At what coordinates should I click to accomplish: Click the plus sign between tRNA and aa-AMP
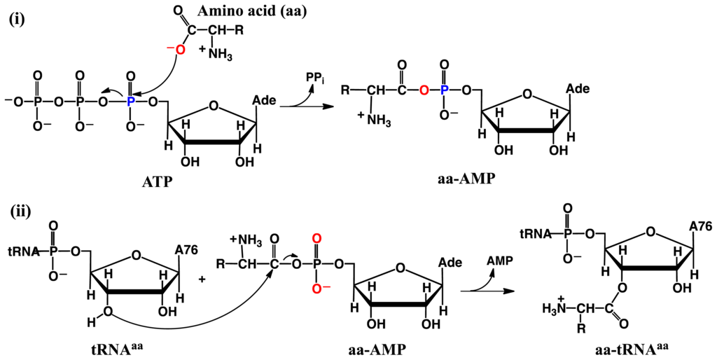[x=202, y=279]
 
